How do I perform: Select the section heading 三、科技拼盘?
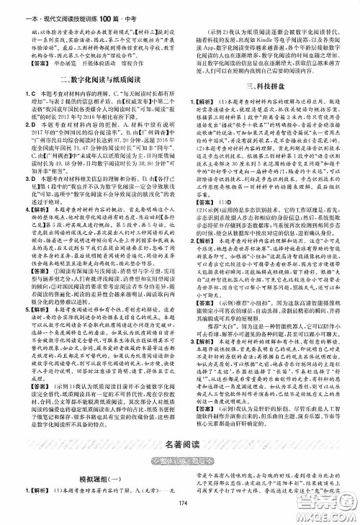[269, 84]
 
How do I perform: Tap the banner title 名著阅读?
[181, 444]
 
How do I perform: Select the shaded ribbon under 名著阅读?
[181, 459]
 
